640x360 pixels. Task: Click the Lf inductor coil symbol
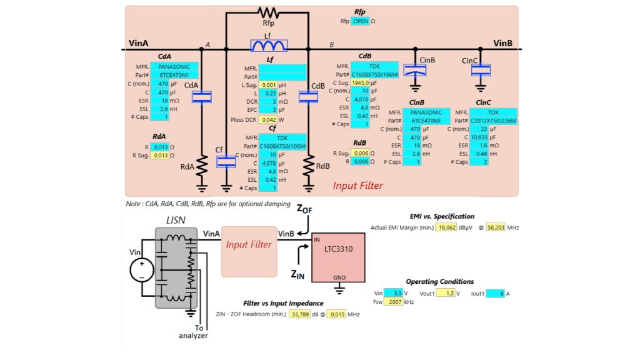pos(269,45)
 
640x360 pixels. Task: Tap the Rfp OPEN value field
pos(360,21)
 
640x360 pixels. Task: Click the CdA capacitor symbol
pos(202,97)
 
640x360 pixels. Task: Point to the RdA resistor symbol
pos(202,166)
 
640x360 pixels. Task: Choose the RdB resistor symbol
pos(308,166)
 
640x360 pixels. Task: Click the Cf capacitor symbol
pos(226,161)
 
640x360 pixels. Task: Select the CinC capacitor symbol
pos(481,69)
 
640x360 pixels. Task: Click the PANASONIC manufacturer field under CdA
pos(174,66)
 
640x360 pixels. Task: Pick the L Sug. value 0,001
pos(269,84)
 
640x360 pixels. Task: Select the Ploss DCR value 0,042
pos(269,119)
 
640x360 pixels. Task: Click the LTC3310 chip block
pos(339,257)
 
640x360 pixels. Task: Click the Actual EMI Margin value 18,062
pos(446,227)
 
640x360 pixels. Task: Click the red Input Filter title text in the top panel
pos(357,186)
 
